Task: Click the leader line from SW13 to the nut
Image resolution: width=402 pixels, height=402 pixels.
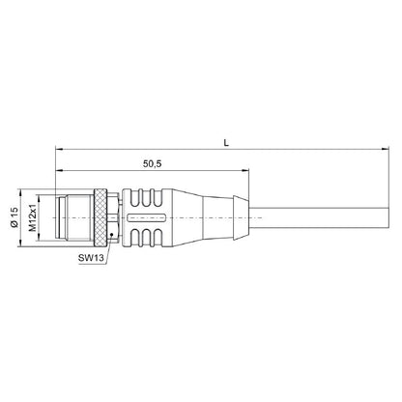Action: [x=108, y=246]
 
